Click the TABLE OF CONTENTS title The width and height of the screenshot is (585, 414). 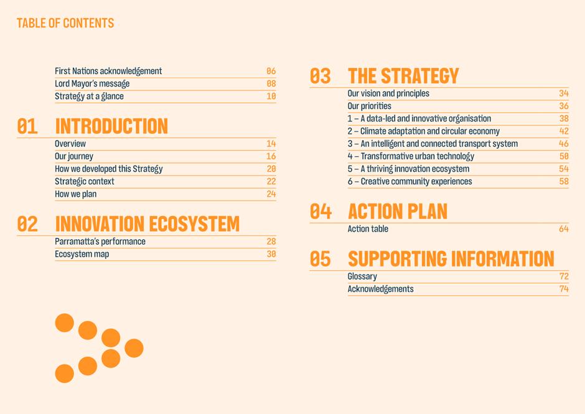point(65,23)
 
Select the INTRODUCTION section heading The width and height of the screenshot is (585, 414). point(111,126)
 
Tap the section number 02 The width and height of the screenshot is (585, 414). point(27,224)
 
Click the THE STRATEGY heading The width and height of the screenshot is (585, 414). point(403,76)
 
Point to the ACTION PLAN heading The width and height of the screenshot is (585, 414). point(398,212)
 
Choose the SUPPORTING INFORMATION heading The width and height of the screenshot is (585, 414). point(451,259)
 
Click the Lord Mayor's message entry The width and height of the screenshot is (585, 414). point(92,83)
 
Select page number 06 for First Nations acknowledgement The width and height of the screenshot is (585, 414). point(271,71)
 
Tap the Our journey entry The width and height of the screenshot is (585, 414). point(74,156)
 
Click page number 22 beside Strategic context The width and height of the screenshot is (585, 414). point(271,181)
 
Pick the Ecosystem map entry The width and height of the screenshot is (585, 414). point(82,254)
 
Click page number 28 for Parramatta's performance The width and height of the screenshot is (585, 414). point(271,242)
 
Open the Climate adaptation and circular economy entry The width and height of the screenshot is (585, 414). point(423,131)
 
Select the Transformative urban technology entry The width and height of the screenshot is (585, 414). point(411,156)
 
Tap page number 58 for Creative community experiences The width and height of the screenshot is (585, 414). point(564,181)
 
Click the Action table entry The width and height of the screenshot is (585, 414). point(368,229)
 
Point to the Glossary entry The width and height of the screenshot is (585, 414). point(362,276)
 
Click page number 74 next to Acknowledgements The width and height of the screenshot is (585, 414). point(564,289)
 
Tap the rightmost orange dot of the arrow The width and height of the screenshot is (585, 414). point(134,348)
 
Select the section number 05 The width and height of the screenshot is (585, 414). point(320,259)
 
